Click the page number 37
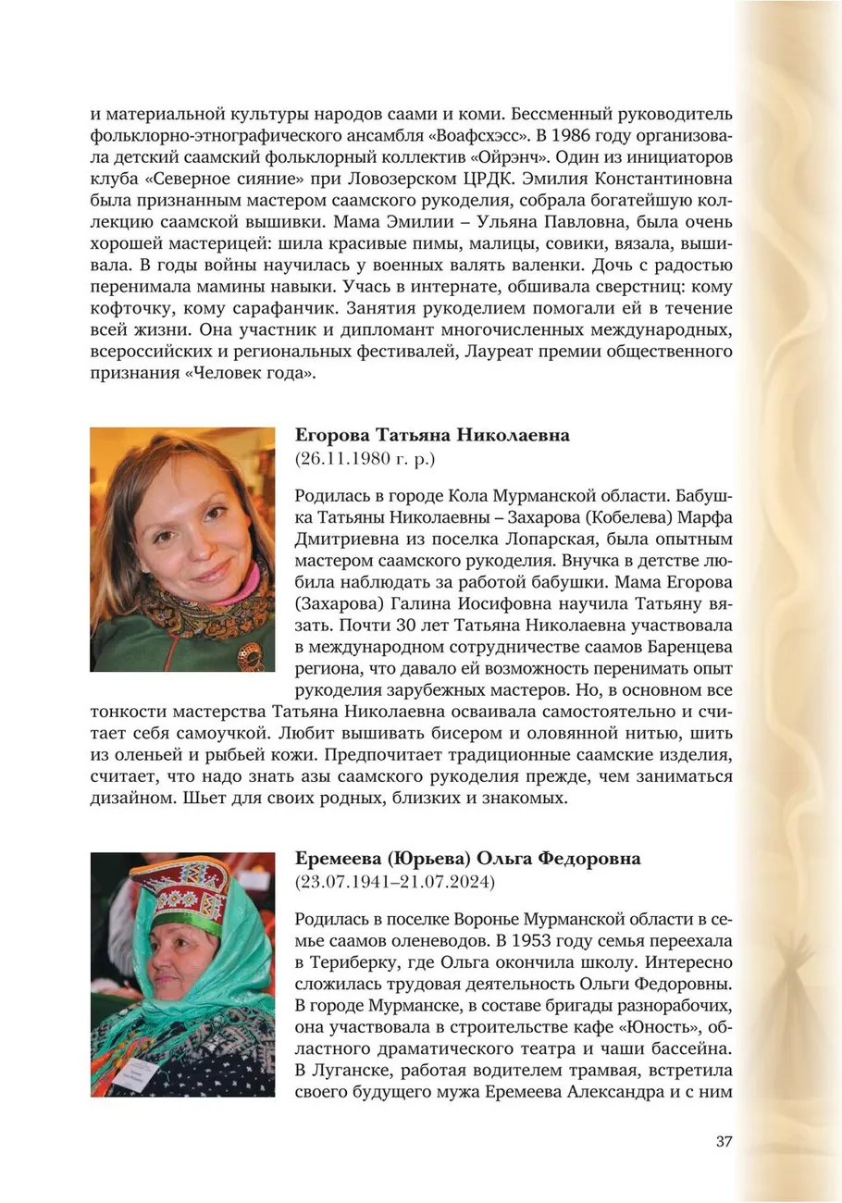(x=724, y=1141)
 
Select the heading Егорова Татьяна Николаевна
(x=432, y=436)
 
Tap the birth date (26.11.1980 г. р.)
(x=365, y=459)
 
